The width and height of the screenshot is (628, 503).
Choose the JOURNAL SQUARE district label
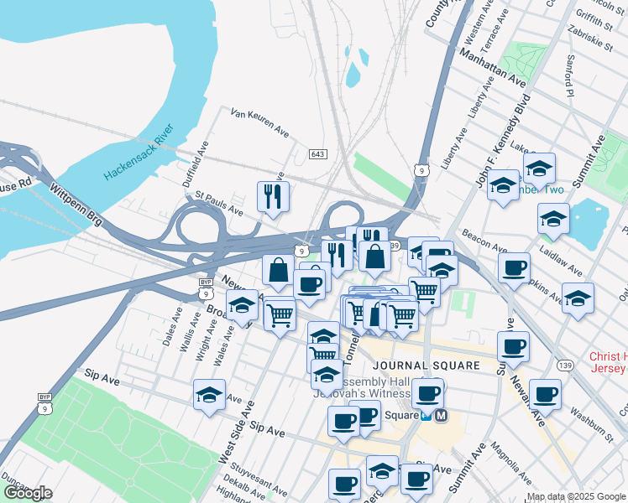click(426, 366)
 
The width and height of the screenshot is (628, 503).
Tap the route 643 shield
click(318, 155)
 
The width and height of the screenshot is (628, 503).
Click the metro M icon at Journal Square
click(441, 415)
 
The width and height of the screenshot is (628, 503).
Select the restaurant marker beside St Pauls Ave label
click(273, 197)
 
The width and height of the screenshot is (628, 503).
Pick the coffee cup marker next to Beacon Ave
click(514, 268)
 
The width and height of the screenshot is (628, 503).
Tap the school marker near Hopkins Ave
click(578, 298)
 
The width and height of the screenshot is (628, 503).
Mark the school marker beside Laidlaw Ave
click(553, 220)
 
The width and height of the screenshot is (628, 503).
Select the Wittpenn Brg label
click(76, 205)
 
